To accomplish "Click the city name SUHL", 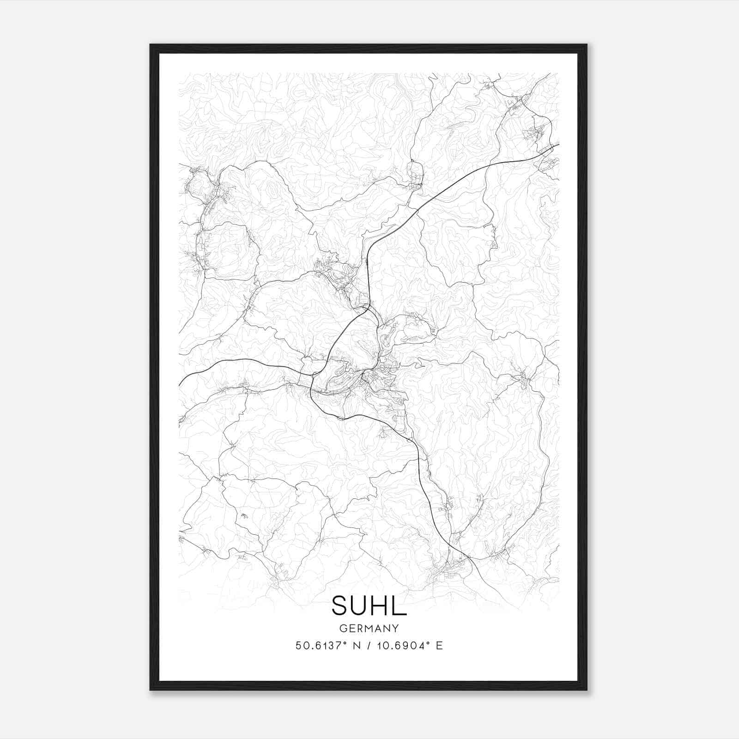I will click(369, 606).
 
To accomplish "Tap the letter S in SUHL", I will click(341, 606).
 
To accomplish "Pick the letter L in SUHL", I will click(400, 606).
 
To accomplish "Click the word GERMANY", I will click(369, 629).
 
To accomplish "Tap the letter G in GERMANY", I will click(343, 629).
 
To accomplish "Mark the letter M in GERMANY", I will click(369, 629).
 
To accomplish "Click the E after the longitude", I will click(439, 646).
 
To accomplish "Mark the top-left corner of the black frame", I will click(151, 45).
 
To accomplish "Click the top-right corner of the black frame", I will click(587, 45).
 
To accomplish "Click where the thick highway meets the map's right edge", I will click(559, 145).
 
